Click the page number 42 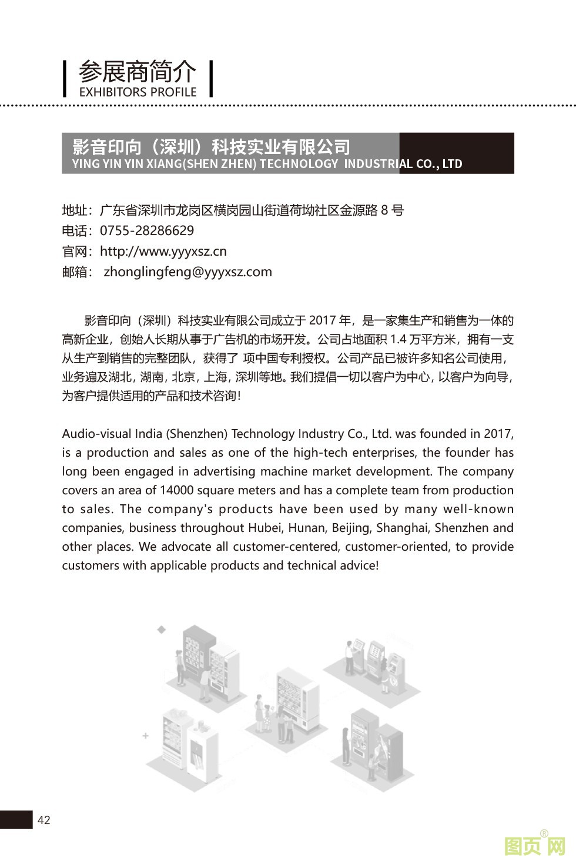(44, 820)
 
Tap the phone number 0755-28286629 (147, 230)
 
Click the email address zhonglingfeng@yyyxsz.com (187, 272)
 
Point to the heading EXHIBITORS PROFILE (138, 92)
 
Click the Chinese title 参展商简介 (138, 72)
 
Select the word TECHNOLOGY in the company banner (299, 164)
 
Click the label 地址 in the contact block (75, 210)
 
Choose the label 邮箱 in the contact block (75, 272)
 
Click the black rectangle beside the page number (16, 819)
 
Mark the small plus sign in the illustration (145, 736)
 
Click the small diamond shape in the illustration (161, 629)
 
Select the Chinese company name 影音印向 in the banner (107, 146)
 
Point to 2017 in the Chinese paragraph (322, 320)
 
